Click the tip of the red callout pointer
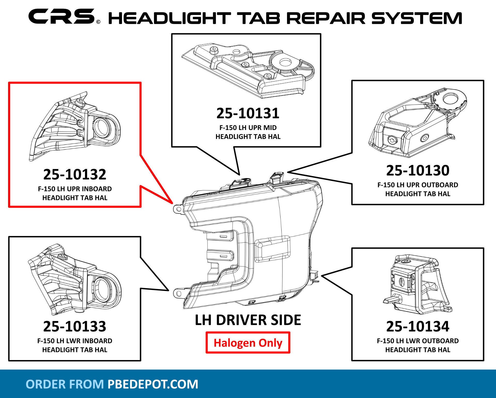click(173, 203)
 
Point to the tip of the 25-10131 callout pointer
click(239, 175)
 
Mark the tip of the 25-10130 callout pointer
click(288, 172)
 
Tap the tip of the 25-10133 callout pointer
click(169, 290)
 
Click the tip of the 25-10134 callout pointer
click(321, 276)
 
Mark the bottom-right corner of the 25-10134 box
click(483, 360)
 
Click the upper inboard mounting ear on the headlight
click(178, 208)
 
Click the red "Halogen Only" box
click(248, 343)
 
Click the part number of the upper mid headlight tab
click(248, 113)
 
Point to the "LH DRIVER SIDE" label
click(248, 320)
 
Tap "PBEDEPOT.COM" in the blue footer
click(153, 384)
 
